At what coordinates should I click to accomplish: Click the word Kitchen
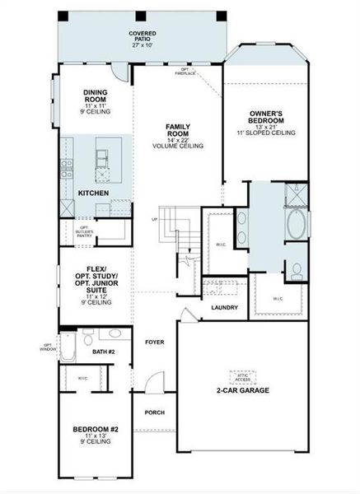[x=93, y=193]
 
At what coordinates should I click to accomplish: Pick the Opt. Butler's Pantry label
[x=84, y=231]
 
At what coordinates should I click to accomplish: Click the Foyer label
[x=155, y=341]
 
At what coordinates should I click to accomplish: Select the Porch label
[x=154, y=412]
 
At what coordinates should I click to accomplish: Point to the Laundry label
[x=224, y=308]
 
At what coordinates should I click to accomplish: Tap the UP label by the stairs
[x=154, y=220]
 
